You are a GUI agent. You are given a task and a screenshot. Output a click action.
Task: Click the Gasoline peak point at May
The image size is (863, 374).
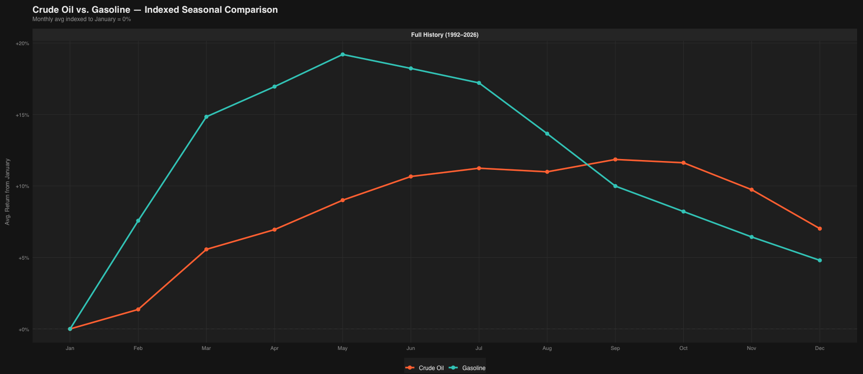pos(342,54)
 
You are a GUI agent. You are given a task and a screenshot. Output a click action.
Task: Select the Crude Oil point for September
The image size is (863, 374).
pos(615,160)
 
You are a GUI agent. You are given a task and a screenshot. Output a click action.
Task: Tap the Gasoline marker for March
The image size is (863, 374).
pos(206,117)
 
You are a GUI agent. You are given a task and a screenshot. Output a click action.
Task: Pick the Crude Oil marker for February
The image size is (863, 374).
pos(138,309)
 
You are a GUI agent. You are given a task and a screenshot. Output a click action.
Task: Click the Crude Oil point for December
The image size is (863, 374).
pos(819,229)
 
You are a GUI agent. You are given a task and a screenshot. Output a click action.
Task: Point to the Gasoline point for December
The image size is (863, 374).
pos(819,260)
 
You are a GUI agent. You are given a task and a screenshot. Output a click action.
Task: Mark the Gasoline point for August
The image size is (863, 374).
pos(547,134)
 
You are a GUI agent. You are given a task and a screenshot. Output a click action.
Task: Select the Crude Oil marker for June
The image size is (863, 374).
pos(411,176)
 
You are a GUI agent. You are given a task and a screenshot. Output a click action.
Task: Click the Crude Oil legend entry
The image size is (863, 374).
pos(425,368)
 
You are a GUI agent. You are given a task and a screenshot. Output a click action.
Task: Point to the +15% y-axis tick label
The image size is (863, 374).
pos(23,115)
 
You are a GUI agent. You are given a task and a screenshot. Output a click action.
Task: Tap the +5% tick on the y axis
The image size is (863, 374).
pos(24,258)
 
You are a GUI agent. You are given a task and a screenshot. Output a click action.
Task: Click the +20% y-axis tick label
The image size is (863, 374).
pos(23,44)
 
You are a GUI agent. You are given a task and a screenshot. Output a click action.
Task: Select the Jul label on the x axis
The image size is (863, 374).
pos(479,348)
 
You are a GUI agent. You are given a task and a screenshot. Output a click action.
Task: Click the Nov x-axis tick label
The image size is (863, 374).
pos(752,348)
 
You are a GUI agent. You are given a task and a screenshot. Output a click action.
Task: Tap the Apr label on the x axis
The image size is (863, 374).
pos(274,348)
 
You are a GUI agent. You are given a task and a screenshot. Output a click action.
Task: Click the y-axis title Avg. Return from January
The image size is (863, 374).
pos(7,192)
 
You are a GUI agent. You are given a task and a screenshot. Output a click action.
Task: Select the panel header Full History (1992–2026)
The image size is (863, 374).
pos(445,35)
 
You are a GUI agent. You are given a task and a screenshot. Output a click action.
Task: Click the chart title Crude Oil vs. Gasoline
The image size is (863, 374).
pos(155,10)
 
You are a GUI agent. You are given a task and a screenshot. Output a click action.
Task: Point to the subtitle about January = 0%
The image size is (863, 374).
pos(82,20)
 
